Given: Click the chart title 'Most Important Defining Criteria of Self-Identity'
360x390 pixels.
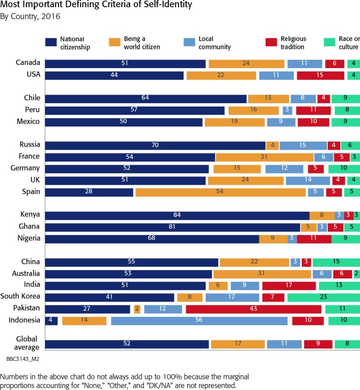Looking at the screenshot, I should pyautogui.click(x=90, y=6).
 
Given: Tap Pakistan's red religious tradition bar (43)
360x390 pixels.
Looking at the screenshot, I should pyautogui.click(x=253, y=309).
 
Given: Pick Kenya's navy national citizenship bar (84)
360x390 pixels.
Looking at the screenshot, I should pyautogui.click(x=177, y=215).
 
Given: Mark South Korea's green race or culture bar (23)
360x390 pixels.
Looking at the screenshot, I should pyautogui.click(x=323, y=297).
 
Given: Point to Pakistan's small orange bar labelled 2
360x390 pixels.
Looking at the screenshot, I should pyautogui.click(x=137, y=309).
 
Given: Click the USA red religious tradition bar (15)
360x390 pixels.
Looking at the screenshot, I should pyautogui.click(x=320, y=75).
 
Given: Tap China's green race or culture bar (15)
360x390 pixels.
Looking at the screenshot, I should pyautogui.click(x=336, y=262).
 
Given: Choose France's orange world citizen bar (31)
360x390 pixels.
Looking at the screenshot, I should pyautogui.click(x=264, y=157).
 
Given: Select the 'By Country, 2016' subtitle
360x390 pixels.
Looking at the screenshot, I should pyautogui.click(x=30, y=17).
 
